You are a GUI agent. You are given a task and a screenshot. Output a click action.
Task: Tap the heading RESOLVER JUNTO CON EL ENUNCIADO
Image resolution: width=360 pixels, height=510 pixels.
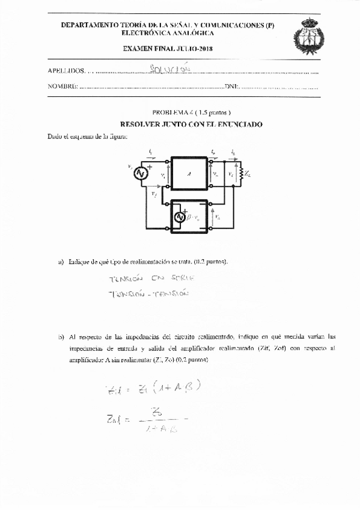pyautogui.click(x=183, y=124)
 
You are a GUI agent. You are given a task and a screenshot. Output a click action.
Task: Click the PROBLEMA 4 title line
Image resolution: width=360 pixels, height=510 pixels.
pyautogui.click(x=183, y=112)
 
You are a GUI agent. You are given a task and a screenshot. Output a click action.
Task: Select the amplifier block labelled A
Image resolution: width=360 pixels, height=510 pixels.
pyautogui.click(x=189, y=173)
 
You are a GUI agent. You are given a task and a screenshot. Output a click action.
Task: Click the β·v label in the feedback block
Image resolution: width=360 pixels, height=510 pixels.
pyautogui.click(x=194, y=217)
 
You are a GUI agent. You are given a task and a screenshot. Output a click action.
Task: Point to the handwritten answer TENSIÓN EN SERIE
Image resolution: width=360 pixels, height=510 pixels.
pyautogui.click(x=146, y=279)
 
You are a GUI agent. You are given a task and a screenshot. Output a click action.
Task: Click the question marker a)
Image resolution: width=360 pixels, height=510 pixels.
pyautogui.click(x=61, y=262)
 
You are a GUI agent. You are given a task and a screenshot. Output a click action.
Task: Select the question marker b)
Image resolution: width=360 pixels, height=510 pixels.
pyautogui.click(x=61, y=337)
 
